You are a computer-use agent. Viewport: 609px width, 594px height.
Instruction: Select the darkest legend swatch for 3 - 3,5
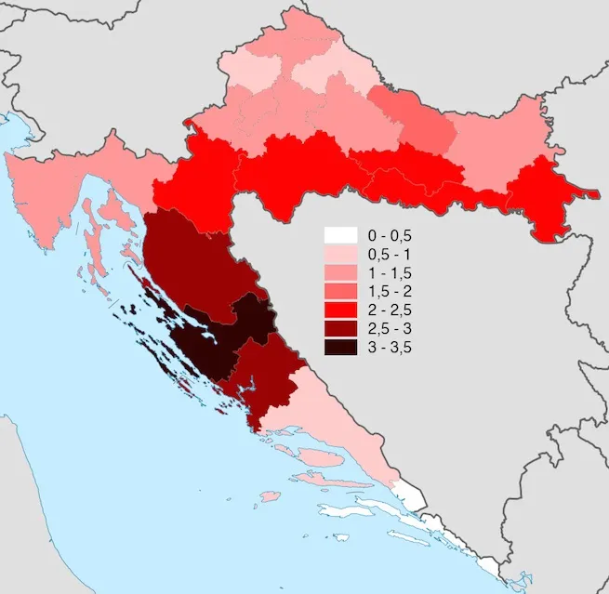point(340,347)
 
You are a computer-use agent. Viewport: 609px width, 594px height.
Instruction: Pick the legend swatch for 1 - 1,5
point(340,272)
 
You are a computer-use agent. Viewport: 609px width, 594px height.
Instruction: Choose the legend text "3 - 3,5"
point(391,347)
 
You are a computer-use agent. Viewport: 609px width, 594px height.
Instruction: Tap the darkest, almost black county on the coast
point(218,339)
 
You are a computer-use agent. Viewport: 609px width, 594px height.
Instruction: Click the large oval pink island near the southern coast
point(321,457)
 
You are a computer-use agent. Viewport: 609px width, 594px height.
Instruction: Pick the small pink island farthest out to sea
point(270,496)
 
